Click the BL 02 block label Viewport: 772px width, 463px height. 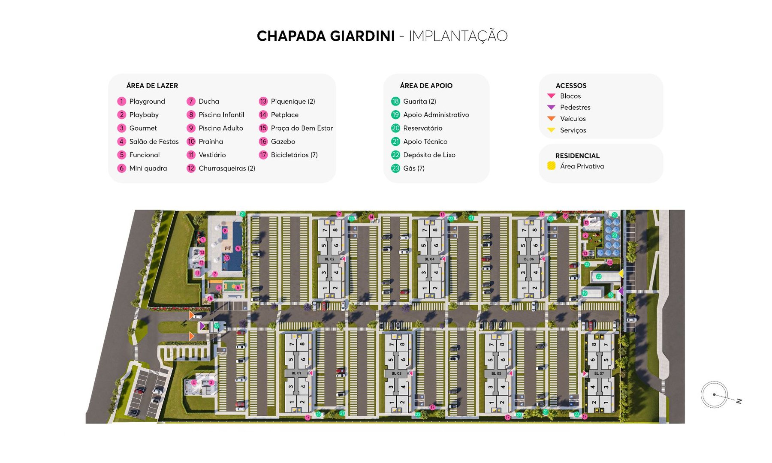[x=329, y=259]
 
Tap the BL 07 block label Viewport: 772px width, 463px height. [x=599, y=373]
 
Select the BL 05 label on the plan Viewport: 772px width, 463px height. [x=496, y=373]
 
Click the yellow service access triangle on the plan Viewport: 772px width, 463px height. [x=621, y=274]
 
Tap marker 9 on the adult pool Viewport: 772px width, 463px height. [x=238, y=248]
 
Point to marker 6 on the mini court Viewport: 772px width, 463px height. [x=238, y=287]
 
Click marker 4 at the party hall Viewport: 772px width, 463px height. [x=193, y=382]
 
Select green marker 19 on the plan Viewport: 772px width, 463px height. [x=585, y=293]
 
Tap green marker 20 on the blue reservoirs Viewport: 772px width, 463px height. [x=614, y=235]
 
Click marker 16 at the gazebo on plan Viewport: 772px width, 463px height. [x=210, y=298]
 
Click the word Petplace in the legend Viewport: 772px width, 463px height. [x=284, y=115]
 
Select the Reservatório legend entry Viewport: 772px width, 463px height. [x=422, y=128]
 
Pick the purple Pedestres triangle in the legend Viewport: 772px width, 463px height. [x=551, y=107]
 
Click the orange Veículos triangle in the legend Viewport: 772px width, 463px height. [x=551, y=118]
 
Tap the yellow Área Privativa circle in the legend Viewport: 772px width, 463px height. [x=551, y=166]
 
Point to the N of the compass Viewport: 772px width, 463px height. [x=739, y=401]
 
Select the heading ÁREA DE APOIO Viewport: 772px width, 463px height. [x=426, y=86]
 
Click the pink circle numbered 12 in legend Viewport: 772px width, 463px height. [x=191, y=168]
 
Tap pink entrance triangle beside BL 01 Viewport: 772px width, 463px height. [x=311, y=373]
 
